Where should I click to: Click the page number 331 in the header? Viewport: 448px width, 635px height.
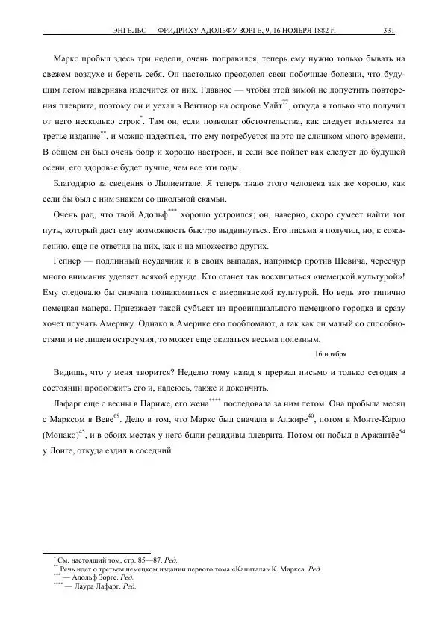point(388,31)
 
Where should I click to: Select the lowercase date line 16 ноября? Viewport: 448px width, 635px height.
point(331,354)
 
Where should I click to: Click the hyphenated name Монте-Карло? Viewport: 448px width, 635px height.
point(374,418)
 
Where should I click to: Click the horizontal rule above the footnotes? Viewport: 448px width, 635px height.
point(97,551)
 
